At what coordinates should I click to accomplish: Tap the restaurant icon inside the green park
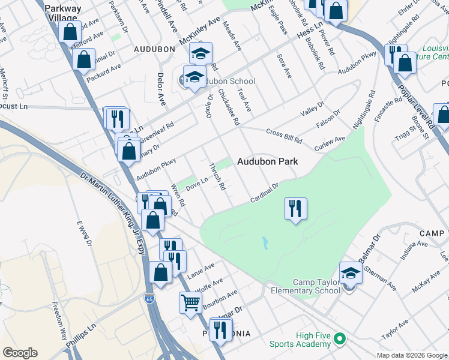click(295, 209)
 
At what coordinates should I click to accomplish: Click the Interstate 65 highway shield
click(148, 298)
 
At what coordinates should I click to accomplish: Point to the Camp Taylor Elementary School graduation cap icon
click(351, 274)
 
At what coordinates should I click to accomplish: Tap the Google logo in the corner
click(20, 353)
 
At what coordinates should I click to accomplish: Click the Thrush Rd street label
click(217, 177)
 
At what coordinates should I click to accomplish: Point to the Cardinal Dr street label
click(265, 193)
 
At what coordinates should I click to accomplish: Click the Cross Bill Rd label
click(284, 136)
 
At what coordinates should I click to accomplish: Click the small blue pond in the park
click(265, 244)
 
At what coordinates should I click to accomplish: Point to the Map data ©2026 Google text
click(412, 355)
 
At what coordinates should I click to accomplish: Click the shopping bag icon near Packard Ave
click(83, 59)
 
